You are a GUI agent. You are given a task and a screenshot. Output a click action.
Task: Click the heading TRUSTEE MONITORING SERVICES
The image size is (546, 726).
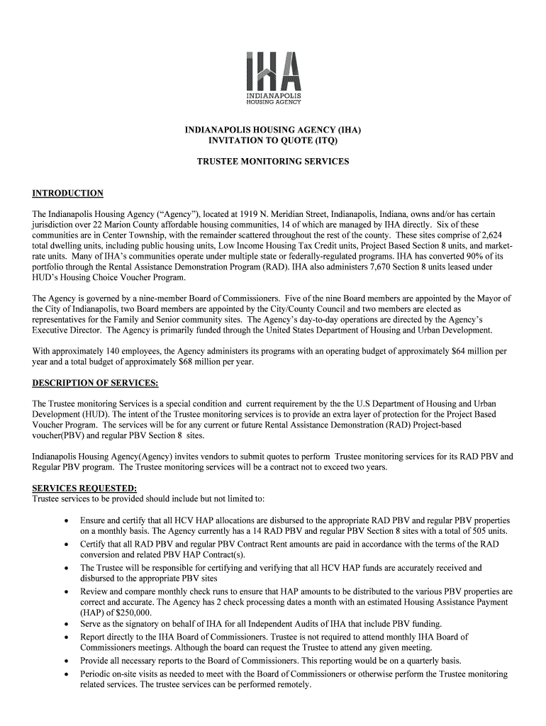[273, 162]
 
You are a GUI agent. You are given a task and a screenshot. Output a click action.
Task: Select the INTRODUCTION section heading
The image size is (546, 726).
[68, 194]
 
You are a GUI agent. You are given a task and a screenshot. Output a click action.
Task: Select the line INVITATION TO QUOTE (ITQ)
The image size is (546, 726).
[273, 141]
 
